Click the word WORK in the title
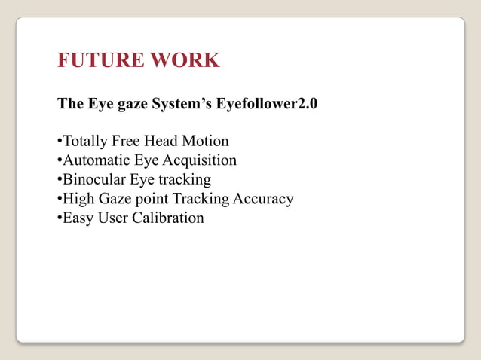185,60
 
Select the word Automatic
93,160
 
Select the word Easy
77,218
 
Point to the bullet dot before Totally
60,142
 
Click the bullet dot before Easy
60,219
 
